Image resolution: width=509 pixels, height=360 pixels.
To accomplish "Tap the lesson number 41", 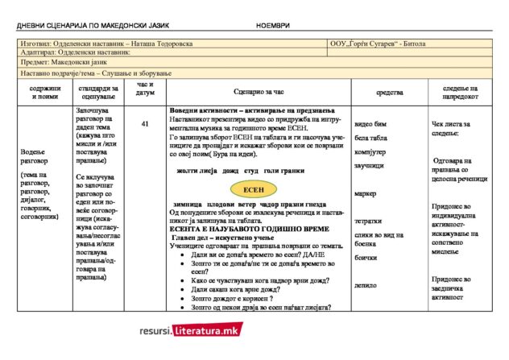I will click(x=145, y=124).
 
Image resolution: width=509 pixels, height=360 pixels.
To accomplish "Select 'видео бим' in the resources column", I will click(x=370, y=125).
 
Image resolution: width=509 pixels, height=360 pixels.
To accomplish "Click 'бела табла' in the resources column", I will click(x=371, y=139).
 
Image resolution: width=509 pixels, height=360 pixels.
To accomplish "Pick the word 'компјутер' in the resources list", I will click(x=371, y=152).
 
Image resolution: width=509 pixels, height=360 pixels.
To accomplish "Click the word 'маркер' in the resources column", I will click(x=366, y=194).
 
